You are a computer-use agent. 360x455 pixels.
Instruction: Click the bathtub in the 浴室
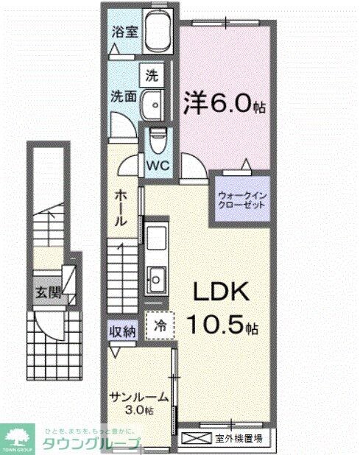pyautogui.click(x=155, y=33)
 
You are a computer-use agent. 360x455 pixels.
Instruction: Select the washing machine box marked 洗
pyautogui.click(x=151, y=74)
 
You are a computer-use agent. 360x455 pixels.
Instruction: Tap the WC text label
pyautogui.click(x=158, y=165)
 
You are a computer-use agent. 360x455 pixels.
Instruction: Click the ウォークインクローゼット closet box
pyautogui.click(x=241, y=200)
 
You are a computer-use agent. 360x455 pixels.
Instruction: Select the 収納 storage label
pyautogui.click(x=124, y=331)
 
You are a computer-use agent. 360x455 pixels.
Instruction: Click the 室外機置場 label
pyautogui.click(x=240, y=440)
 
